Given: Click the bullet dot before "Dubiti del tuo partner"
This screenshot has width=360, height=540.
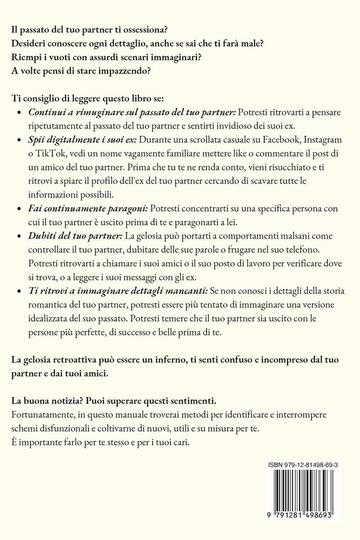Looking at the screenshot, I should (20, 236).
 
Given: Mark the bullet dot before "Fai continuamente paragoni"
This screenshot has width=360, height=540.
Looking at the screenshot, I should (20, 208).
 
